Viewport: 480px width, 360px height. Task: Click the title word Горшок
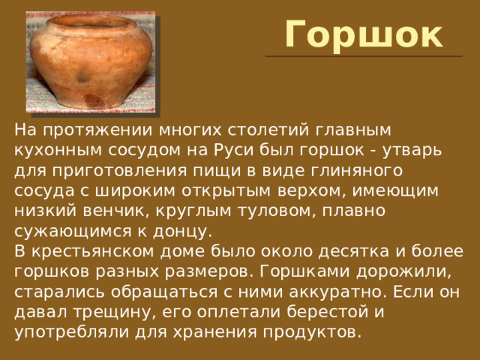pos(364,35)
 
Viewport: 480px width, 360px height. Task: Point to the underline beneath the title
pos(364,56)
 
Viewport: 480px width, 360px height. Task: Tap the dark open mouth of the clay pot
pos(91,21)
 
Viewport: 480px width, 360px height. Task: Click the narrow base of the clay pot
pos(88,103)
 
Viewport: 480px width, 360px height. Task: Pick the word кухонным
pos(58,150)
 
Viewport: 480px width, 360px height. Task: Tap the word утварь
pos(412,151)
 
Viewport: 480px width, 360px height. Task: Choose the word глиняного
pos(357,170)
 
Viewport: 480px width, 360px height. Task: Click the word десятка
pos(353,252)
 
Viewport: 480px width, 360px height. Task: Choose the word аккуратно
pos(337,292)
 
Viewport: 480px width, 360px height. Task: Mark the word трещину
pos(117,312)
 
